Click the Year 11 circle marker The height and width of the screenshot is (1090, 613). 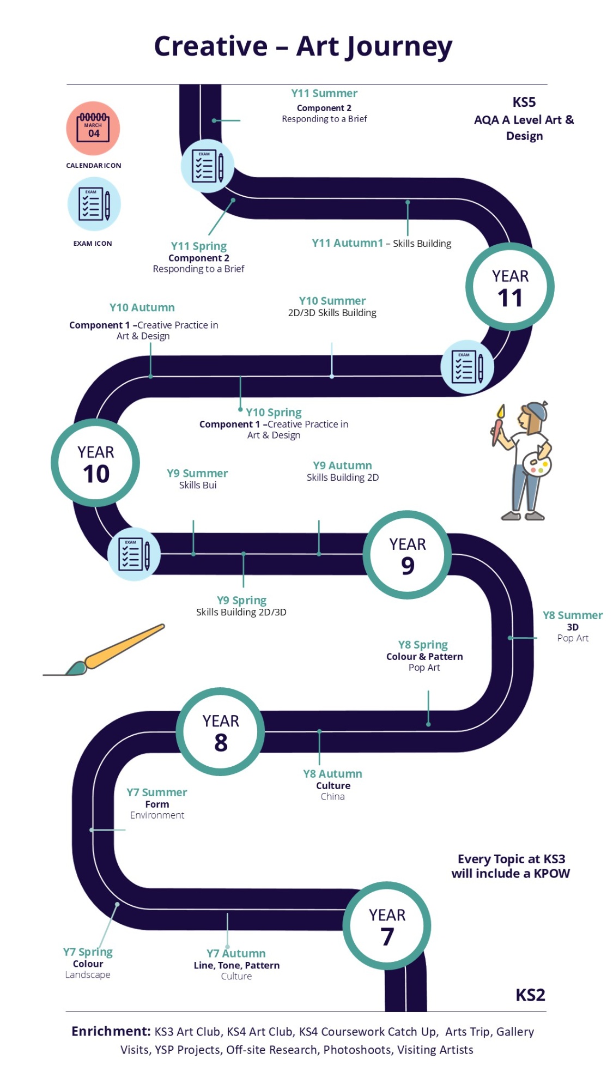click(x=509, y=287)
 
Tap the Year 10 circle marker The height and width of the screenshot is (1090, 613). click(x=95, y=463)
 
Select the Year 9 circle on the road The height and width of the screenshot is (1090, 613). click(x=407, y=555)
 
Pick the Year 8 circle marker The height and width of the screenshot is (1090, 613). click(x=220, y=731)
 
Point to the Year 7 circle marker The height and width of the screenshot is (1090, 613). click(x=387, y=925)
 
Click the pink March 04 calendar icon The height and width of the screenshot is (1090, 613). click(x=93, y=129)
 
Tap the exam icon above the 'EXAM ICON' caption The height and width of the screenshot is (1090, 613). click(x=94, y=204)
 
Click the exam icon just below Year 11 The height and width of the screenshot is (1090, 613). click(x=467, y=367)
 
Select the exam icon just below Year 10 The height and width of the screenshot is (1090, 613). click(x=134, y=554)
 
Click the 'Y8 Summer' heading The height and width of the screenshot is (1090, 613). click(x=573, y=615)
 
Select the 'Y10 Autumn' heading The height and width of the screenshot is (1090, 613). click(x=142, y=307)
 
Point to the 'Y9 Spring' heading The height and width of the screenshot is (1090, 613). click(x=241, y=601)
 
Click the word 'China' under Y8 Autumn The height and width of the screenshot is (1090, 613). click(x=332, y=796)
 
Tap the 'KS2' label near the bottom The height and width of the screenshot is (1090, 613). click(x=530, y=995)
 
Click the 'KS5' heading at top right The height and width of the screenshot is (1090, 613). click(x=524, y=102)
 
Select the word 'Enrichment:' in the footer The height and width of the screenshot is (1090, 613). click(x=111, y=1031)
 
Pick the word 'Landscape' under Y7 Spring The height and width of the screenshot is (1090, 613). click(x=88, y=975)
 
